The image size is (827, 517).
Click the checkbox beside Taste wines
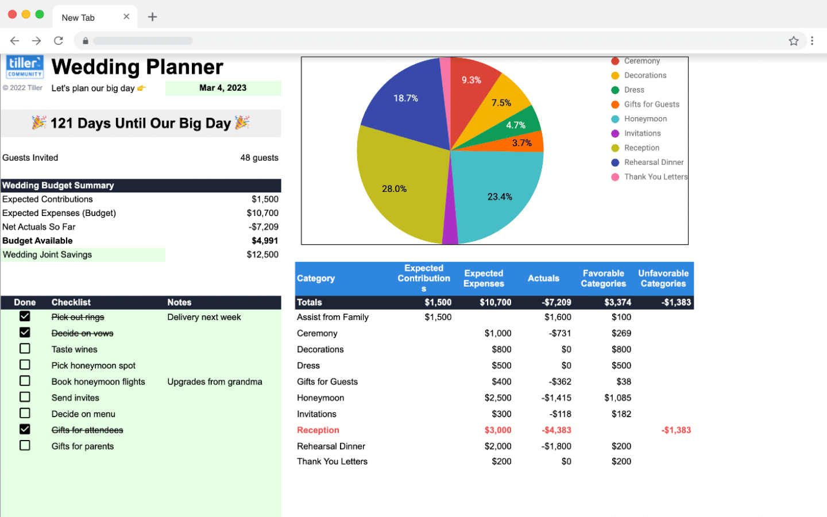coord(25,349)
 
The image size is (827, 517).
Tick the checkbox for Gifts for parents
coord(25,445)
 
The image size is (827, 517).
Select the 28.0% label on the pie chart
coord(394,189)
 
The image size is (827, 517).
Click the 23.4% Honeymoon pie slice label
coord(500,196)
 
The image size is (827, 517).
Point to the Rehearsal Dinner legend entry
coord(654,163)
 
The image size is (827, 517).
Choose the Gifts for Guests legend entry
coord(651,105)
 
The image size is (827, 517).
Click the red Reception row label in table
coord(318,430)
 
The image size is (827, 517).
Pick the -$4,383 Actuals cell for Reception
coord(556,430)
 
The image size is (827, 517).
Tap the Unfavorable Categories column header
coord(663,279)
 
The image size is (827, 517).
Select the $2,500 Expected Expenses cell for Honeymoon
coord(497,398)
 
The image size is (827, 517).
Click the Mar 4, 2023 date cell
coord(223,88)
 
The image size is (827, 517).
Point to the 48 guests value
coord(259,158)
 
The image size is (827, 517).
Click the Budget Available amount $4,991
coord(265,241)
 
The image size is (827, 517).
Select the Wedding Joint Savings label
coord(48,254)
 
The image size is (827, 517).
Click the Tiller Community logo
coord(25,67)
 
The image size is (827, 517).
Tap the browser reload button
coord(59,41)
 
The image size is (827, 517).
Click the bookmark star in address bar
coord(794,41)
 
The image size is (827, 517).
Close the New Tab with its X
coord(126,17)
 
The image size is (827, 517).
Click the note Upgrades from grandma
coord(215,382)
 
